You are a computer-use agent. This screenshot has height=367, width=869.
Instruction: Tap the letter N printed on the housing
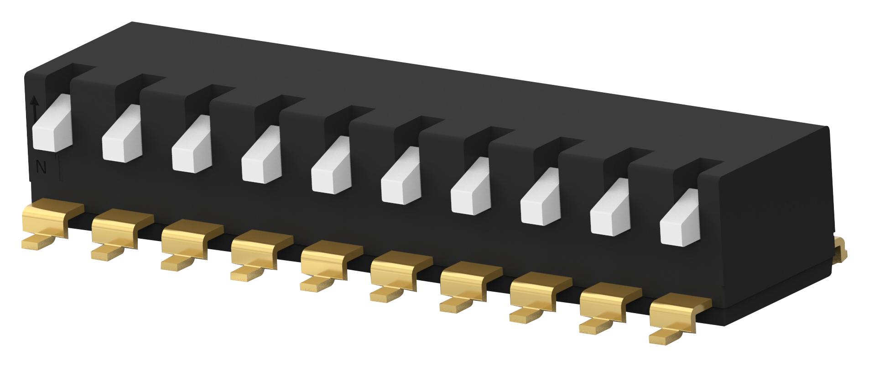coord(41,168)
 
